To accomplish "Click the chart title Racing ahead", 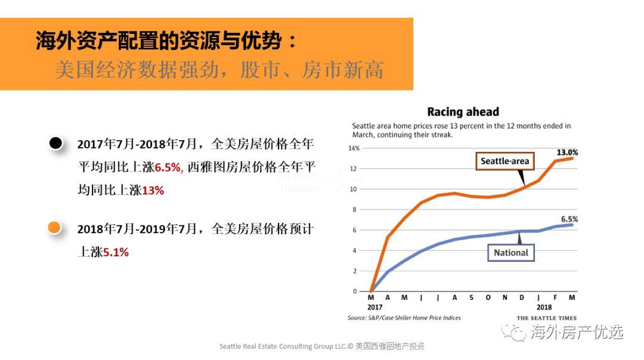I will (x=463, y=111).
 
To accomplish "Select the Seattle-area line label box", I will (x=504, y=161).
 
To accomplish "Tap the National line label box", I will (x=511, y=252).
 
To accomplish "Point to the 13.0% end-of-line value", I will (x=567, y=152).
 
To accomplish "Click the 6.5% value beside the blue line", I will (x=569, y=219).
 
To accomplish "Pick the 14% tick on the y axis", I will (x=354, y=148).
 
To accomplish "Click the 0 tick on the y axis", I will (x=355, y=291).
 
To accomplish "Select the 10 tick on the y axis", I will (x=354, y=190).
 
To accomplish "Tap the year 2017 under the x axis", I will (x=374, y=307).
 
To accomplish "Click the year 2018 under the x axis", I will (x=543, y=307).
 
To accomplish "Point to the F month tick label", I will (x=556, y=297).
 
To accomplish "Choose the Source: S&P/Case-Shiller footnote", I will (x=404, y=318).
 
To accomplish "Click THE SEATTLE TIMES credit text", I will (x=546, y=318).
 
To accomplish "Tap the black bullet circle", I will (x=55, y=143).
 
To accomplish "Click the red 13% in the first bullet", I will (x=153, y=191).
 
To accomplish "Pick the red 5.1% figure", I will (x=116, y=252).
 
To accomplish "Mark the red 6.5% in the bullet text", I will (x=169, y=167).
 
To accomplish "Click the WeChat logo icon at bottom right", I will (x=514, y=331).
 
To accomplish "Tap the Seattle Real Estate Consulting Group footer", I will (x=321, y=346).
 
